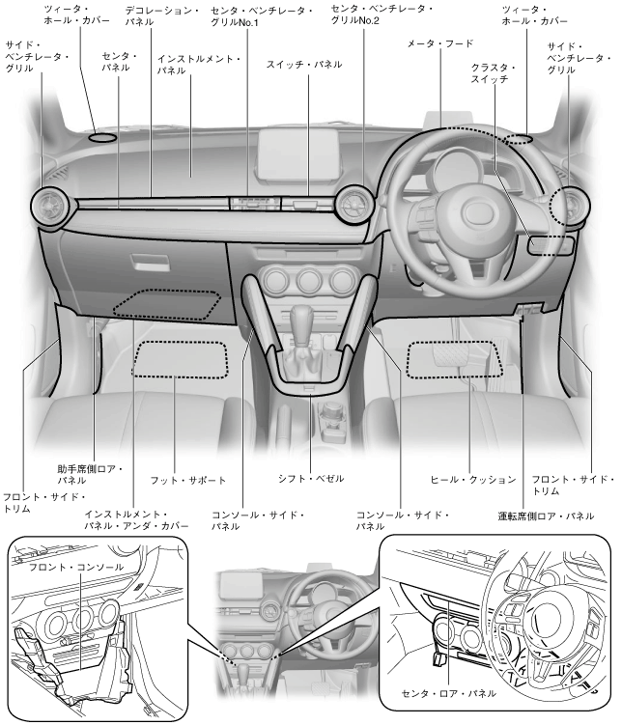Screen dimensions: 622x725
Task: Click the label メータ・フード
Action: pos(439,44)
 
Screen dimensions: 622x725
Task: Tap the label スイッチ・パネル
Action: pos(304,65)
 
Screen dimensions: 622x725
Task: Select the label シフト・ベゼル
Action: pos(311,479)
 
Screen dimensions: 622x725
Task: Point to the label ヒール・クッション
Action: pos(472,480)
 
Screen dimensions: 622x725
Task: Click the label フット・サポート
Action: pos(188,481)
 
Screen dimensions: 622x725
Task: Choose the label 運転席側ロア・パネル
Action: pos(546,516)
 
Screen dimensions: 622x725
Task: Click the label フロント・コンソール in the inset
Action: pos(76,567)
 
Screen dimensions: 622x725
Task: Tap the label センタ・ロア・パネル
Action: pos(448,693)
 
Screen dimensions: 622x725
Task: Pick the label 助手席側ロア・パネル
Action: pos(90,474)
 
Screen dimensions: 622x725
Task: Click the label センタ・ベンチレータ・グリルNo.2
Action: pos(382,14)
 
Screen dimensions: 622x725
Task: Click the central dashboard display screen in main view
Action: pos(297,155)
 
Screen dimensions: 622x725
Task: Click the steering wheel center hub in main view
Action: pos(479,211)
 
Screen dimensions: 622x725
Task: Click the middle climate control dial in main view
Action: pos(308,280)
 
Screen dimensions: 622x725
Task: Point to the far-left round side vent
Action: pos(50,208)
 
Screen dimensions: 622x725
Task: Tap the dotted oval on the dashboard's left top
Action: pos(102,137)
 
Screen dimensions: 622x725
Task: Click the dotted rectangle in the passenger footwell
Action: pos(181,359)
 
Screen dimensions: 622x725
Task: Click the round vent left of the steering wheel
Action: pos(354,206)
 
